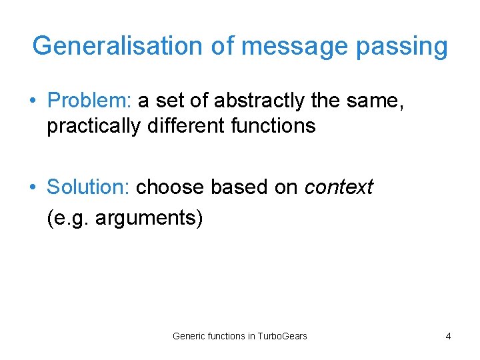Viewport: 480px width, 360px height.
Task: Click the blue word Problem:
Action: (89, 101)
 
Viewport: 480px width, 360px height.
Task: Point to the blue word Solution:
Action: (88, 187)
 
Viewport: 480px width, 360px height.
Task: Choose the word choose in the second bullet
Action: (171, 187)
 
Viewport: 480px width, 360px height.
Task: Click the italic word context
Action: (339, 187)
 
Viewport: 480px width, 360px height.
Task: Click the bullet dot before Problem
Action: (33, 101)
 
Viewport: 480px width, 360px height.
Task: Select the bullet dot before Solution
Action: (33, 188)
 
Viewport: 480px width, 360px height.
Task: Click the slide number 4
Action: (448, 336)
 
